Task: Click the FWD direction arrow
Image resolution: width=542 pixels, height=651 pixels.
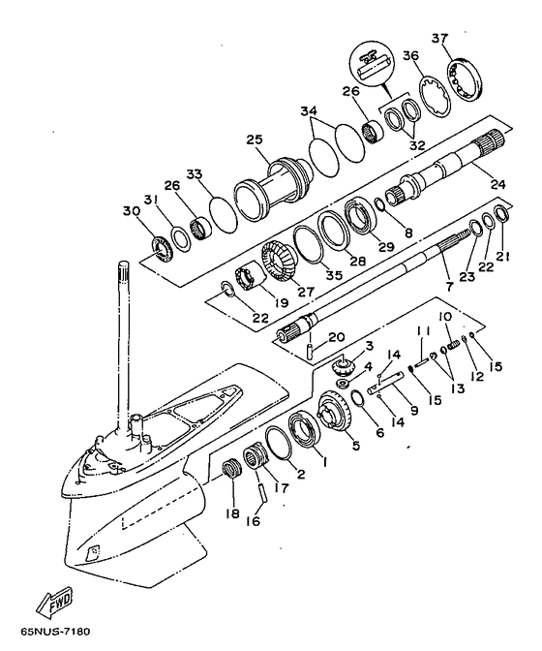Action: [54, 601]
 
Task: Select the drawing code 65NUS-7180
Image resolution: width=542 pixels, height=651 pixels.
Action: [55, 632]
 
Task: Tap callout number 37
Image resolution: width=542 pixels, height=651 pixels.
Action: [439, 38]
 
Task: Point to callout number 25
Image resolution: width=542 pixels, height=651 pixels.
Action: [255, 139]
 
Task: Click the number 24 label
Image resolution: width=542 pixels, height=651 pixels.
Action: [497, 183]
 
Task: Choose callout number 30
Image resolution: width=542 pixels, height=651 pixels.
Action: [132, 211]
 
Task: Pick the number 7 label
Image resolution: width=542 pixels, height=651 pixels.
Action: [449, 286]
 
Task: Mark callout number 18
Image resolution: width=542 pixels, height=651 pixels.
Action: [232, 513]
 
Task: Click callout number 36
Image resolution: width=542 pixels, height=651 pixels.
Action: [410, 55]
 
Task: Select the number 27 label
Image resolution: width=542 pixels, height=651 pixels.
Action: [306, 291]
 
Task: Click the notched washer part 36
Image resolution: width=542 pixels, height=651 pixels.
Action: [435, 96]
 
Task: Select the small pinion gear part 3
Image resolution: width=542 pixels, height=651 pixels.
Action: [343, 366]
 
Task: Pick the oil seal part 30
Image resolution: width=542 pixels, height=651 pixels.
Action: [161, 249]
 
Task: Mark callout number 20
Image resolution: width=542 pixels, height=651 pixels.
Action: [336, 337]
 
